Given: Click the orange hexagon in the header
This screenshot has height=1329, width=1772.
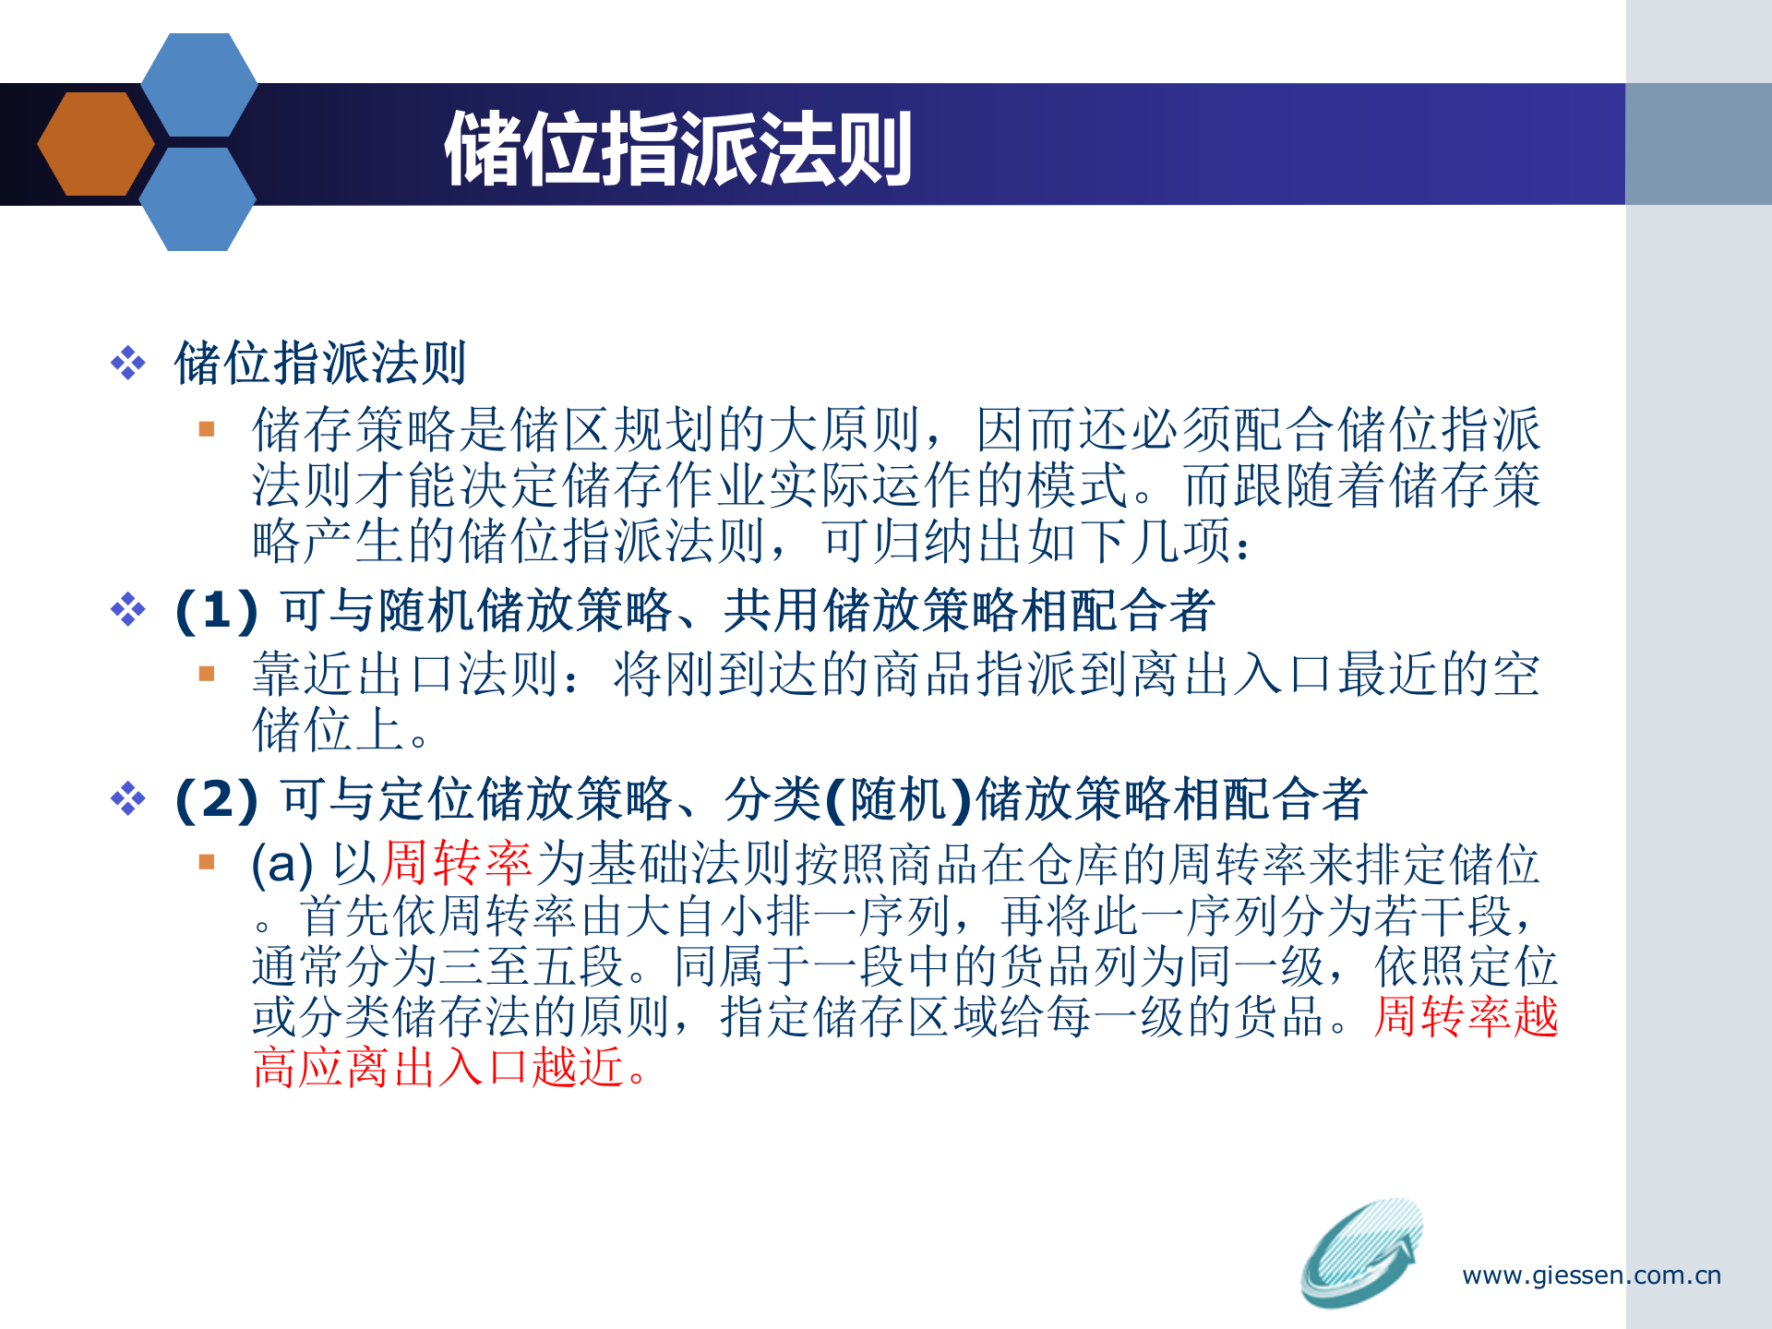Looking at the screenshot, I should [95, 144].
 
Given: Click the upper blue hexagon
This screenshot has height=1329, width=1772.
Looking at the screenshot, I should [198, 85].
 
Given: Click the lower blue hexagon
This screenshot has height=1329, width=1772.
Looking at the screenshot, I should [197, 199].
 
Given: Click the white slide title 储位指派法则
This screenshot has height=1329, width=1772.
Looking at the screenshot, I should [678, 149].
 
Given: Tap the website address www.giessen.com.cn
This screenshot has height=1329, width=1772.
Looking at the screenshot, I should [1591, 1275].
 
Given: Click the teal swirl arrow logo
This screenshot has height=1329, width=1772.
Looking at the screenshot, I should [1361, 1252].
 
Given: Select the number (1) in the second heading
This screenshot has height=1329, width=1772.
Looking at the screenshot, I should [217, 611].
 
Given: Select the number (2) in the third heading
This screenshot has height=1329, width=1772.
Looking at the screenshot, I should [217, 799].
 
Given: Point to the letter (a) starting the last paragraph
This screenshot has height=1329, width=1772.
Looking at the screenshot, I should [282, 865].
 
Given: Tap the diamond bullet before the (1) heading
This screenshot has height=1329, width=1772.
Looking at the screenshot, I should [128, 610].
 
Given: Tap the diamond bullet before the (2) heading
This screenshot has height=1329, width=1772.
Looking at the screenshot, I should [128, 798].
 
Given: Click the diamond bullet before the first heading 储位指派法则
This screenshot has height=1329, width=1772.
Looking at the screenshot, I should [128, 363].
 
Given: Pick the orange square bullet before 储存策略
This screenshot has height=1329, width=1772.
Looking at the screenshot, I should [207, 429].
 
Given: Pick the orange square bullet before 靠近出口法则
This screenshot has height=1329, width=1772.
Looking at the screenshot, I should [207, 674].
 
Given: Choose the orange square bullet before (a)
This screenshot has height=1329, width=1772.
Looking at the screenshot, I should [207, 863].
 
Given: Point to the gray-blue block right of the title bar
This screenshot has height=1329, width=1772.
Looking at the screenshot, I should [1698, 144].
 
